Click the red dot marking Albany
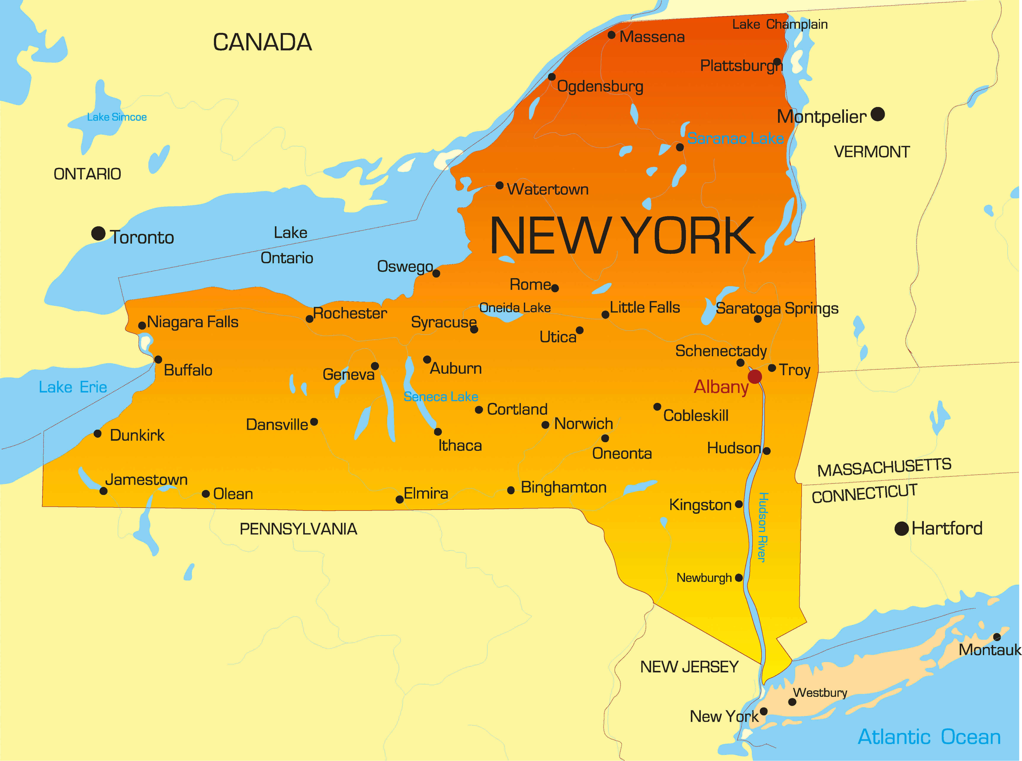pyautogui.click(x=755, y=377)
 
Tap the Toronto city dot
pyautogui.click(x=98, y=234)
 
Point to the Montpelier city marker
pyautogui.click(x=878, y=114)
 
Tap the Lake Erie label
pyautogui.click(x=73, y=387)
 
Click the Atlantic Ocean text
pyautogui.click(x=929, y=737)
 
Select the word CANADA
pyautogui.click(x=262, y=42)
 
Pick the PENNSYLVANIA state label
pyautogui.click(x=298, y=529)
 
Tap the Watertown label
pyautogui.click(x=548, y=189)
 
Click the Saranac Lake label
pyautogui.click(x=735, y=138)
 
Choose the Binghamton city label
pyautogui.click(x=563, y=487)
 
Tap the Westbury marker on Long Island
pyautogui.click(x=792, y=702)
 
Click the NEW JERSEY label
pyautogui.click(x=689, y=667)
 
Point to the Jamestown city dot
pyautogui.click(x=104, y=491)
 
